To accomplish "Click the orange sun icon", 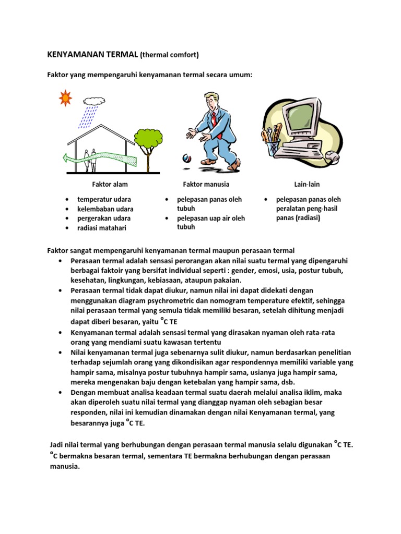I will [x=65, y=97].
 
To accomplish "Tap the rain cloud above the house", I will [x=93, y=101].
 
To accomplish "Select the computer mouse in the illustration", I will [x=331, y=155].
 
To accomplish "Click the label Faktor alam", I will [x=110, y=184].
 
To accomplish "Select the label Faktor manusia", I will [x=206, y=184].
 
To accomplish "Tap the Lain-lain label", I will [x=307, y=184].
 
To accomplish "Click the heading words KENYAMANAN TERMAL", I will [x=92, y=54].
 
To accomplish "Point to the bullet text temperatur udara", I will [x=104, y=199].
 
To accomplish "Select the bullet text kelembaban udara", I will [x=105, y=209].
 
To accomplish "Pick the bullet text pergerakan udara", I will [x=104, y=218].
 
